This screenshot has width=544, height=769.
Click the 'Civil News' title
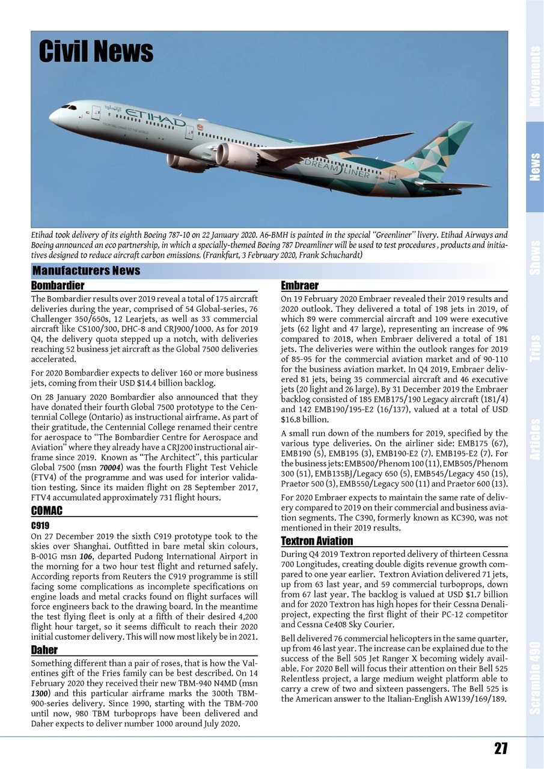(x=96, y=52)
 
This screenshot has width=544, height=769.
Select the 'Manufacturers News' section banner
(x=86, y=271)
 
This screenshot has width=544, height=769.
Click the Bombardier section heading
(x=57, y=285)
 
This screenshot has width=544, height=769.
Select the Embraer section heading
(x=299, y=285)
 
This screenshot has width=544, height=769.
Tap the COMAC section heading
(x=46, y=511)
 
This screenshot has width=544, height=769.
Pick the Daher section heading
(x=44, y=649)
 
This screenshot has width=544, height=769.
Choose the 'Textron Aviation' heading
(x=317, y=541)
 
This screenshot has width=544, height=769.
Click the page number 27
(x=501, y=748)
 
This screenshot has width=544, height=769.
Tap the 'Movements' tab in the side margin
(x=534, y=76)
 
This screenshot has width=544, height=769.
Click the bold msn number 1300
(x=40, y=693)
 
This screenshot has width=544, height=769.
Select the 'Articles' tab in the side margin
(x=534, y=439)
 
